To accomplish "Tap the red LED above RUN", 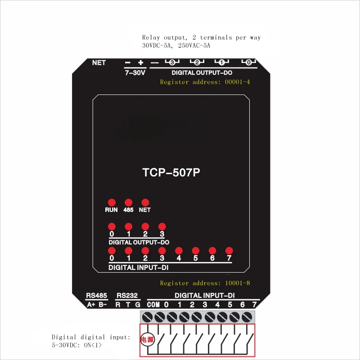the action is (111, 202).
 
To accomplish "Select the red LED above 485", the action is (128, 202).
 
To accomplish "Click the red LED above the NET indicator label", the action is (145, 202).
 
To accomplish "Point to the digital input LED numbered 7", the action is (229, 251).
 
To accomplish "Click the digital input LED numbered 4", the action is (179, 251).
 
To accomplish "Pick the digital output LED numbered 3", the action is (162, 226).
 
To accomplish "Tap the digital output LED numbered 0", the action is (111, 226).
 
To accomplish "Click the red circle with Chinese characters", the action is (148, 340).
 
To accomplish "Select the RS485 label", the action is (96, 296).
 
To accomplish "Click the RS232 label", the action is (127, 296).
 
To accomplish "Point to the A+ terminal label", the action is (91, 305).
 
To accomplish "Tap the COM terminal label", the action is (153, 305).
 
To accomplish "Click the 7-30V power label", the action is (135, 72).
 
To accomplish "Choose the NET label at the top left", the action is (99, 63).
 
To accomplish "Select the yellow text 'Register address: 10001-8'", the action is (205, 283).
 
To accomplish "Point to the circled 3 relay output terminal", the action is (171, 62).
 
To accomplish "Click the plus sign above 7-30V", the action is (140, 63).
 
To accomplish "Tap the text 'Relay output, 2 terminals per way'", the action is (201, 38).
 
